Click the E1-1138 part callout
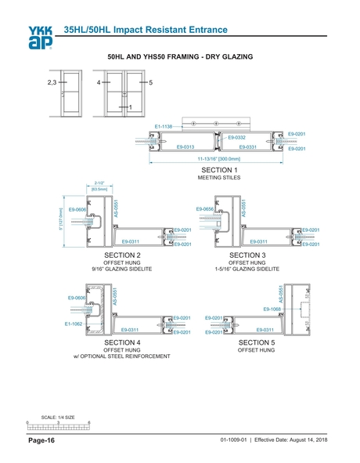[163, 126]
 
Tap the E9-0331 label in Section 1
[248, 146]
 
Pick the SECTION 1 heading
[219, 170]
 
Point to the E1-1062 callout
[74, 323]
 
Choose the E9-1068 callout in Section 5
[272, 309]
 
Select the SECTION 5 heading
[257, 342]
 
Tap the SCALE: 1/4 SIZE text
[58, 417]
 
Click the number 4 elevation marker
[99, 81]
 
